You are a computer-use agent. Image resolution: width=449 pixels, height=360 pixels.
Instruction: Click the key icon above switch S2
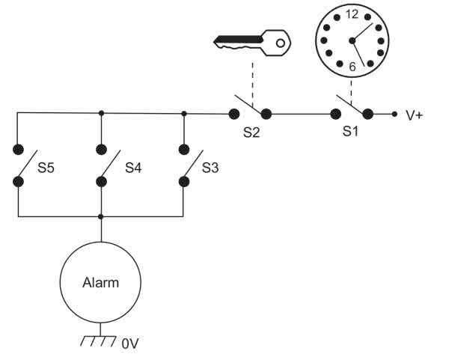(251, 43)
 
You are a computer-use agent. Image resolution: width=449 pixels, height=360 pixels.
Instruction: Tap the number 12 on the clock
(352, 15)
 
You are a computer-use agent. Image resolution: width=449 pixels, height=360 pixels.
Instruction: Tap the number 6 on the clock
(351, 67)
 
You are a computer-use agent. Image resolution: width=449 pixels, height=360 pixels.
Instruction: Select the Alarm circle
(100, 283)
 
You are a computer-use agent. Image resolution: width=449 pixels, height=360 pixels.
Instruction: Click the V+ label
(414, 115)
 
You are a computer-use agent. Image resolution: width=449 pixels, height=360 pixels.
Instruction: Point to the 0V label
(130, 344)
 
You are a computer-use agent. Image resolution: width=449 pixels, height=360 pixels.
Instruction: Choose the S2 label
(250, 131)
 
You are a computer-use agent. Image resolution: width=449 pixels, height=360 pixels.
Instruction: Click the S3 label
(210, 168)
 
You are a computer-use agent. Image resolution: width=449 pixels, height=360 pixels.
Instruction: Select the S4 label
(133, 168)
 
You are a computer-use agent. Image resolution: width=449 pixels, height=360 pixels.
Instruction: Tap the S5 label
(46, 168)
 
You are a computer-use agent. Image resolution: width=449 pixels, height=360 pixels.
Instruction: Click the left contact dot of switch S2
(233, 115)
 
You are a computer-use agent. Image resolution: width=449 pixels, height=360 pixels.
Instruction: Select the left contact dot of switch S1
(335, 115)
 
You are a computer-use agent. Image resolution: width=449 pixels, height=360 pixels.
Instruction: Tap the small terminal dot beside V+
(394, 115)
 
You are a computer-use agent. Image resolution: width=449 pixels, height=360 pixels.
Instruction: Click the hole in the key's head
(280, 43)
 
